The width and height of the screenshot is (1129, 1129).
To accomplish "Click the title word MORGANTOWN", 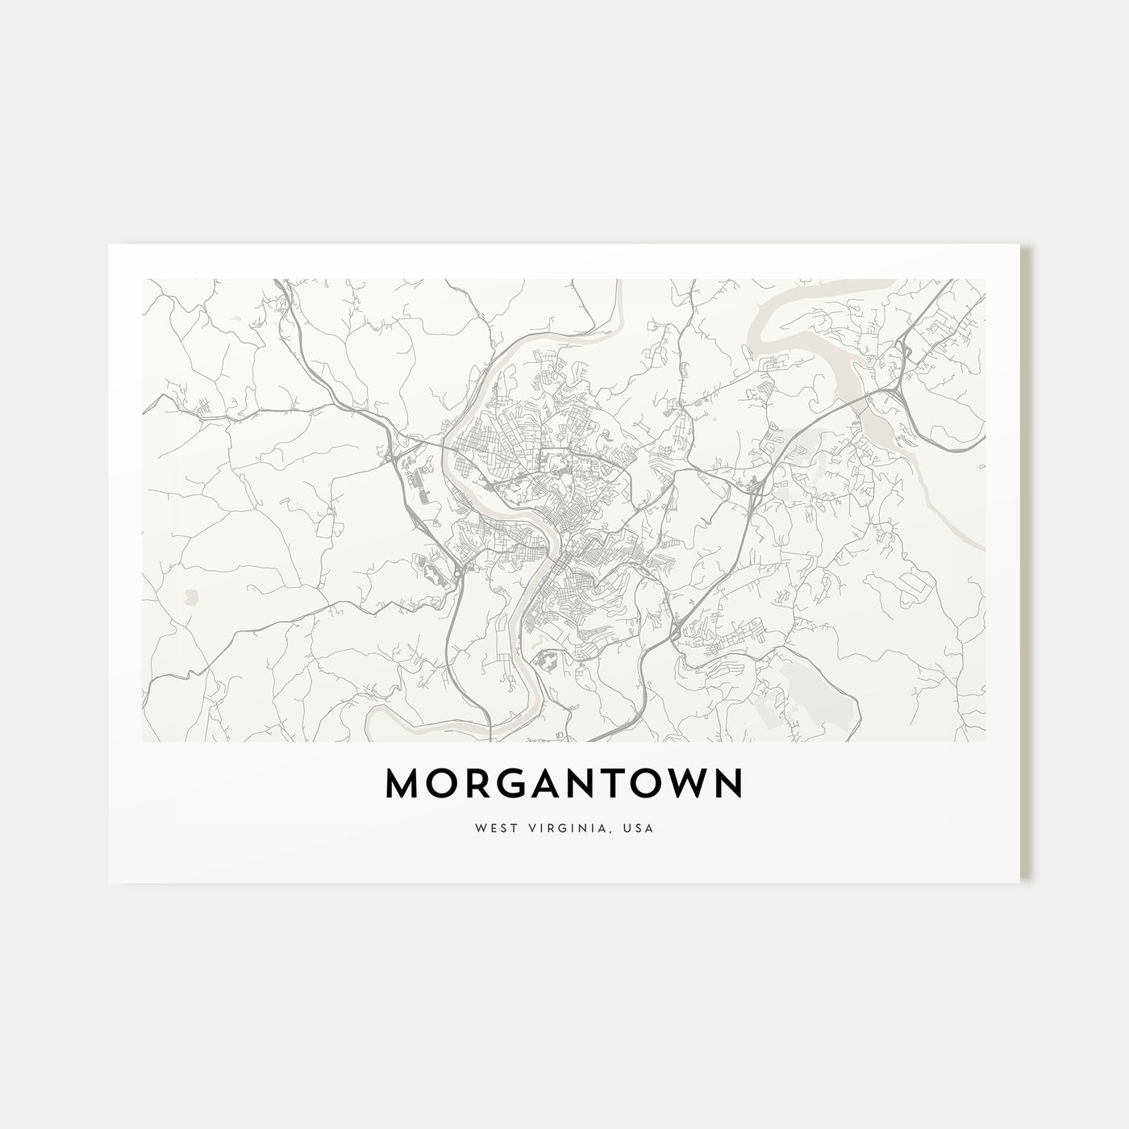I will coord(564,783).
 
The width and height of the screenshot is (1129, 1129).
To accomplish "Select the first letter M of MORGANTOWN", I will coord(403,783).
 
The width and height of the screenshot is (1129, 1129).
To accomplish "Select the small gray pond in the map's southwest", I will coord(191,597).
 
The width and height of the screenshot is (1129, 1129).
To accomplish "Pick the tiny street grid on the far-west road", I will coord(206,411).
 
